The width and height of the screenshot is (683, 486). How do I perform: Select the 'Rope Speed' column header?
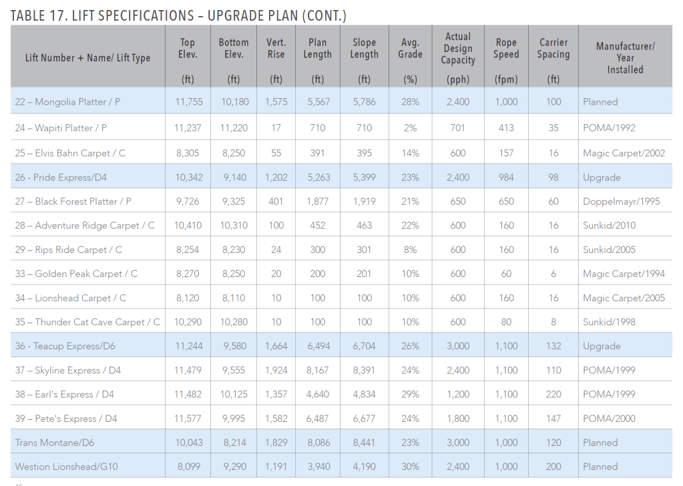click(506, 49)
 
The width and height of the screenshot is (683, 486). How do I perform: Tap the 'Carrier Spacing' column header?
click(553, 49)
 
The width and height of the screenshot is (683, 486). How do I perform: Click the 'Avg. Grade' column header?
click(410, 49)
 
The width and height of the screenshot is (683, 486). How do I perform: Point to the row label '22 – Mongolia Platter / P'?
click(67, 102)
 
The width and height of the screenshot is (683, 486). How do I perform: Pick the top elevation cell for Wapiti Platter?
click(188, 128)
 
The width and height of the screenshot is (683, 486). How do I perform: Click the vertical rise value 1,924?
click(276, 370)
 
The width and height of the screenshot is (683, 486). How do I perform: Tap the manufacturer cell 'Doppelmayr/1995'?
click(621, 202)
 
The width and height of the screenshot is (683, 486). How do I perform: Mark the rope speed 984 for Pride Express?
click(506, 178)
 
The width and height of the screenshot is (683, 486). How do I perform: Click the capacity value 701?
click(458, 128)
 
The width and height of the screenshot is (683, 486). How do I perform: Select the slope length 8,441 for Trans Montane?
click(364, 443)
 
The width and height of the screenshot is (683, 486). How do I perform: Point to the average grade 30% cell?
click(410, 467)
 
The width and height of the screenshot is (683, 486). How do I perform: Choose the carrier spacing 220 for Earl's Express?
click(553, 395)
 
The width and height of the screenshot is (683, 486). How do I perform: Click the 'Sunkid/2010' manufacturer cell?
click(609, 226)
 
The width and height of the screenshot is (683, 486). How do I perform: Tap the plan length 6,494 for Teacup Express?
click(317, 346)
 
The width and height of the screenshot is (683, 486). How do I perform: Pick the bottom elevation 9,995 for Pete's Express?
click(234, 419)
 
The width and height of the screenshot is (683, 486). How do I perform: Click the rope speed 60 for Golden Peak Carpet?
click(506, 274)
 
